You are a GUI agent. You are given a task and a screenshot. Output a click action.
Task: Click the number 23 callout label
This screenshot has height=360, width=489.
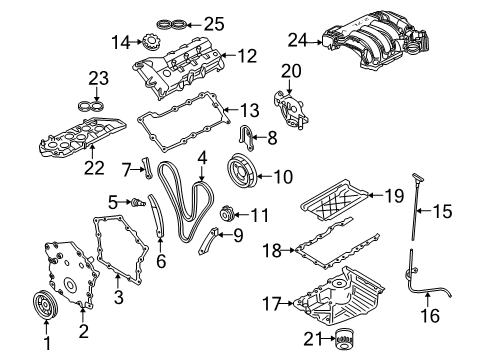(x=96, y=77)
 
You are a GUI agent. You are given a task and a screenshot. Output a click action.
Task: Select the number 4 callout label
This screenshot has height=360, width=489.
(x=202, y=157)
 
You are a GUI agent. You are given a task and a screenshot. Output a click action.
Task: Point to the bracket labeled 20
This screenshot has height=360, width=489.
(x=289, y=108)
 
